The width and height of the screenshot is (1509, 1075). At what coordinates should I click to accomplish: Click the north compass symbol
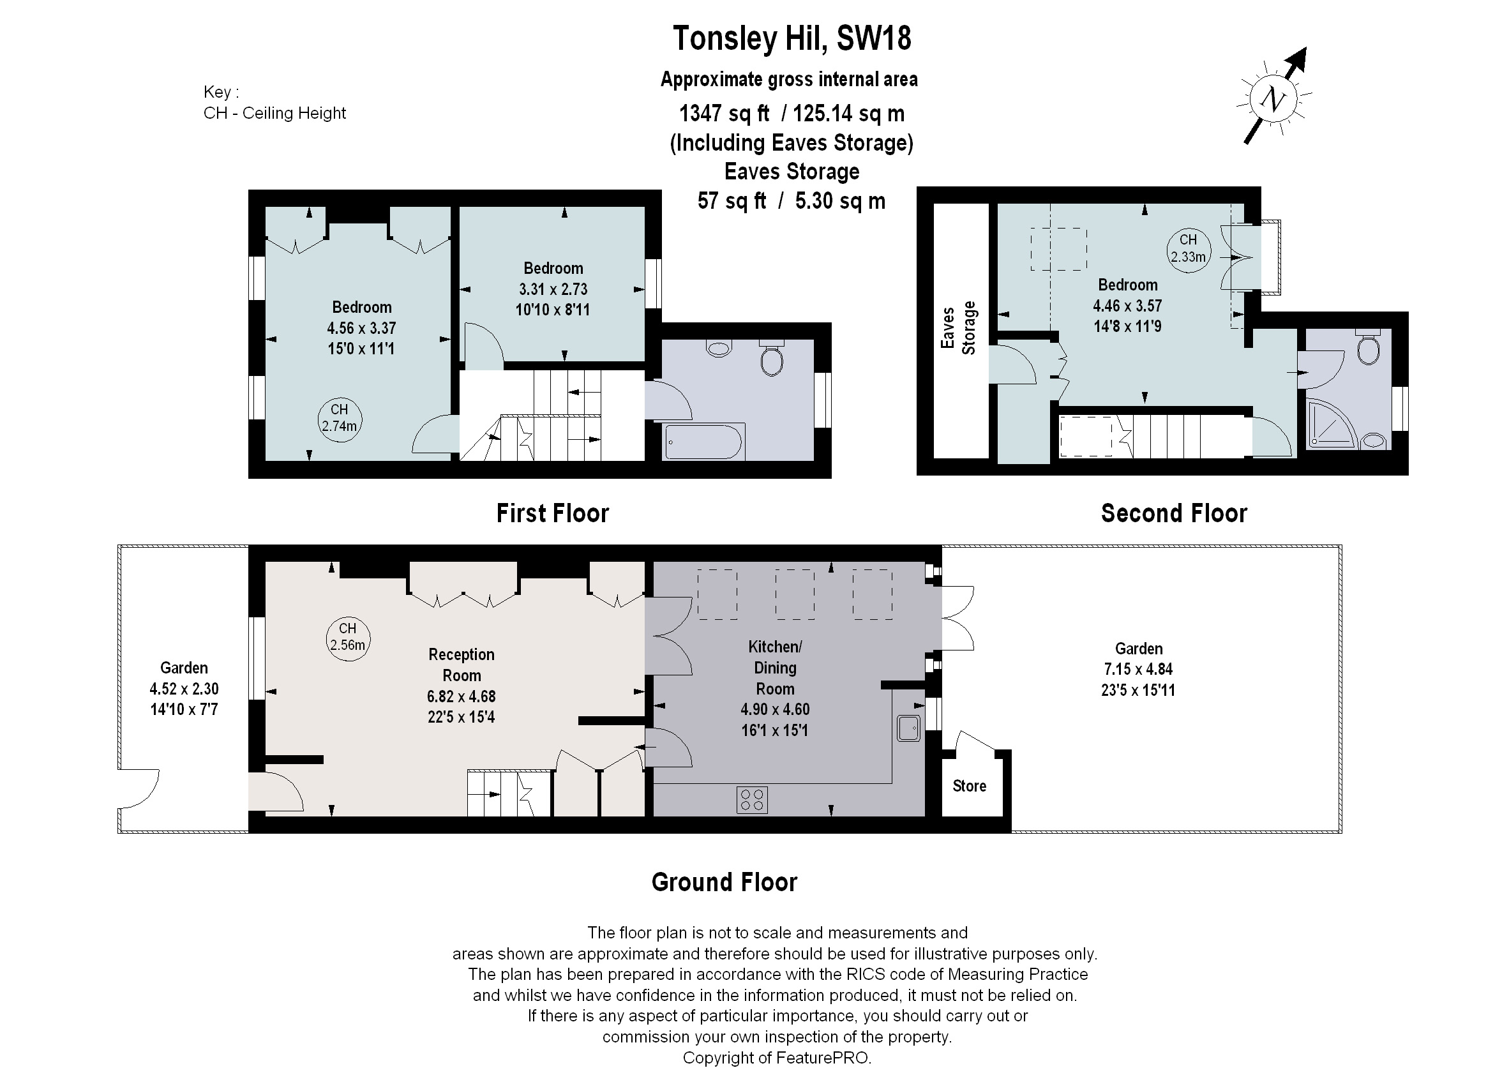pyautogui.click(x=1273, y=100)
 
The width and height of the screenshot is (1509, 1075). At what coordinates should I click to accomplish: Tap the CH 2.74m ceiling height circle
pyautogui.click(x=339, y=419)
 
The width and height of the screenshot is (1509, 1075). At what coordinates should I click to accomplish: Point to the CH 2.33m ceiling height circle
pyautogui.click(x=1188, y=249)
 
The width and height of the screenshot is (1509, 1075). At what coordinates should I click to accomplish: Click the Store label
pyautogui.click(x=969, y=786)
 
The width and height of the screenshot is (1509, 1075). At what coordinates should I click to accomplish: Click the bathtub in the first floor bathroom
pyautogui.click(x=704, y=441)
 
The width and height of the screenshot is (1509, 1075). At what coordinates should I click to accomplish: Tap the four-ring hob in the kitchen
pyautogui.click(x=752, y=801)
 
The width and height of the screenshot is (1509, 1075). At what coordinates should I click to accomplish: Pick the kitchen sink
pyautogui.click(x=908, y=728)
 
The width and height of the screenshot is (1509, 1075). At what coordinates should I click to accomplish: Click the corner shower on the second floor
pyautogui.click(x=1330, y=424)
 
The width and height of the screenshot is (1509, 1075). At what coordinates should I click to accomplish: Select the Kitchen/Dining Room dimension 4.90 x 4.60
pyautogui.click(x=775, y=710)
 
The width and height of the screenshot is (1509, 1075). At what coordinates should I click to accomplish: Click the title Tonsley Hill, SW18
pyautogui.click(x=792, y=38)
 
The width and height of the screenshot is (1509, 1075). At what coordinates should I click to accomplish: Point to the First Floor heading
pyautogui.click(x=553, y=514)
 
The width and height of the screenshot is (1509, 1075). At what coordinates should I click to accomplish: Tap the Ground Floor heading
pyautogui.click(x=724, y=882)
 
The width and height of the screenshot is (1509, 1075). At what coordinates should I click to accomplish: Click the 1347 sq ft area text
pyautogui.click(x=724, y=114)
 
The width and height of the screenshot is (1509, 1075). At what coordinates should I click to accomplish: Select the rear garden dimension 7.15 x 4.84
pyautogui.click(x=1137, y=669)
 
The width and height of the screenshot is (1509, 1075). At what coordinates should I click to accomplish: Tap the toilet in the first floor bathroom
pyautogui.click(x=772, y=359)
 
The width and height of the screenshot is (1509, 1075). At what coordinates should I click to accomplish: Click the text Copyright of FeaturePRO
pyautogui.click(x=776, y=1058)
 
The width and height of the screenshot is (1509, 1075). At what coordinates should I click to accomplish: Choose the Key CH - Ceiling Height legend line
pyautogui.click(x=274, y=113)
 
